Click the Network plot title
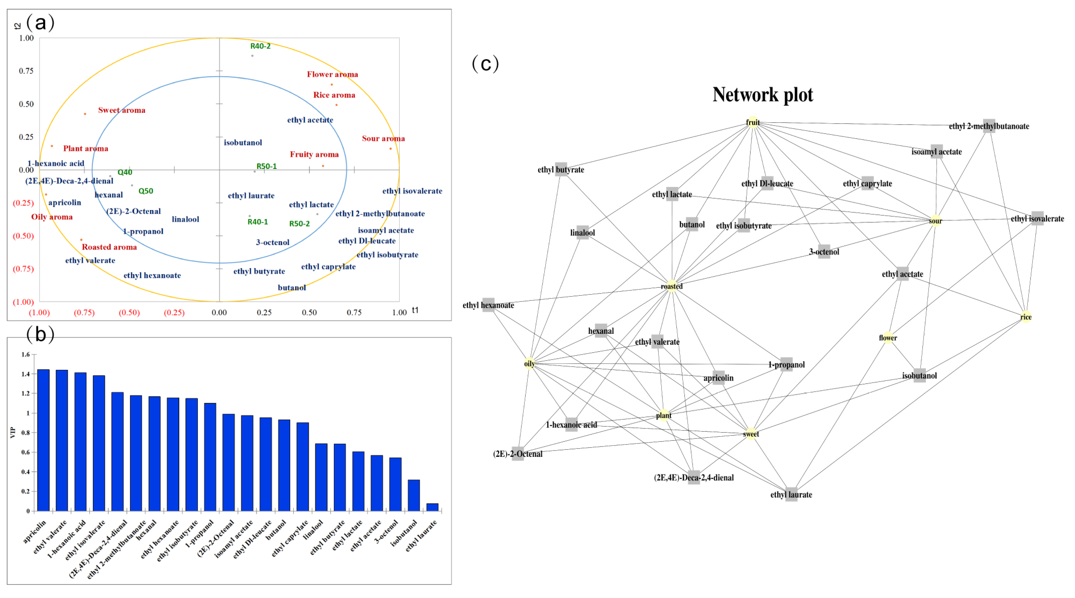pyautogui.click(x=763, y=95)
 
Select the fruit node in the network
pyautogui.click(x=752, y=122)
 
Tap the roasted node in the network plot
pyautogui.click(x=671, y=286)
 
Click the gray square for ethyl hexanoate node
pyautogui.click(x=488, y=304)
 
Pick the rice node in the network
pyautogui.click(x=1026, y=317)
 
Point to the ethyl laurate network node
pyautogui.click(x=791, y=494)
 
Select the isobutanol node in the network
pyautogui.click(x=919, y=375)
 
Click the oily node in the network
pyautogui.click(x=529, y=364)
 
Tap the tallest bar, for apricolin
pyautogui.click(x=44, y=440)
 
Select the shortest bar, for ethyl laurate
pyautogui.click(x=432, y=507)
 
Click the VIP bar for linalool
pyautogui.click(x=321, y=477)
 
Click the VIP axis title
pyautogui.click(x=12, y=432)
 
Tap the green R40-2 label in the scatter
pyautogui.click(x=260, y=46)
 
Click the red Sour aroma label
pyautogui.click(x=383, y=139)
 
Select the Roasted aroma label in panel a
pyautogui.click(x=109, y=247)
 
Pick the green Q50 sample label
pyautogui.click(x=146, y=191)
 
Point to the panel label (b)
pyautogui.click(x=40, y=334)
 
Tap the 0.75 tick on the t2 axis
pyautogui.click(x=26, y=71)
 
